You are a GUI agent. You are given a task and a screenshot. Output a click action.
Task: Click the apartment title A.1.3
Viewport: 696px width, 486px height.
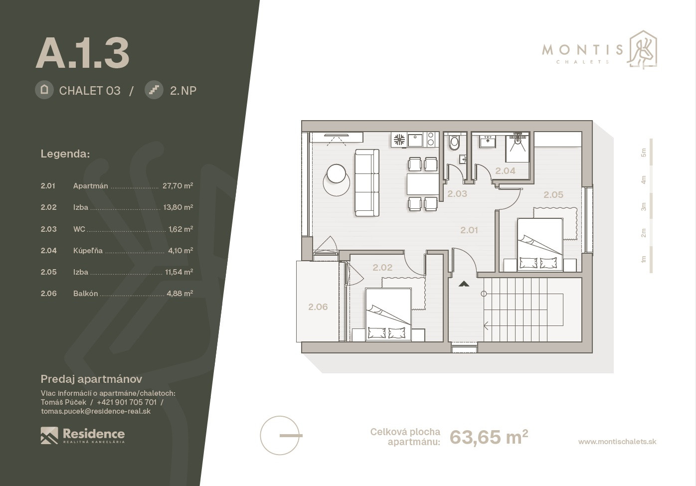click(x=82, y=53)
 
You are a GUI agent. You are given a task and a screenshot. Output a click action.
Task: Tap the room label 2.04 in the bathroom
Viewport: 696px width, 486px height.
click(x=505, y=170)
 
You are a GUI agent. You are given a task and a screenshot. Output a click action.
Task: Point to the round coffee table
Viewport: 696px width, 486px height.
click(x=336, y=173)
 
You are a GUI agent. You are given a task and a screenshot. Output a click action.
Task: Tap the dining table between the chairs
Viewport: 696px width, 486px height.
click(x=423, y=184)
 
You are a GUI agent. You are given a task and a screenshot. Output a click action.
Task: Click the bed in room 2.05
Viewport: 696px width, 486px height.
click(x=540, y=244)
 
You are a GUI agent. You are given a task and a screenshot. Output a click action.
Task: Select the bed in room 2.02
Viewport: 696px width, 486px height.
click(x=388, y=315)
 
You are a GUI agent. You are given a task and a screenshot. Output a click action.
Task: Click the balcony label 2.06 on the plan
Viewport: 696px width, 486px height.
click(x=318, y=307)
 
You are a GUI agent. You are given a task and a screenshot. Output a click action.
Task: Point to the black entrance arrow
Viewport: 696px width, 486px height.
click(x=464, y=284)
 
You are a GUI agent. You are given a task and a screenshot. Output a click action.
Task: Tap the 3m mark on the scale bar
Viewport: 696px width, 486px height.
click(x=644, y=206)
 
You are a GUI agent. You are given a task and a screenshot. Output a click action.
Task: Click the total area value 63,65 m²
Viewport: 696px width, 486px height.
click(x=489, y=437)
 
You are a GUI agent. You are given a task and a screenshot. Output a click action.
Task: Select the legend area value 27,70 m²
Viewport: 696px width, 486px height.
click(x=177, y=186)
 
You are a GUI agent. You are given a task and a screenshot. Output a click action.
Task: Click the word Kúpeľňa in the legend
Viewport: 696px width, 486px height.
click(x=88, y=250)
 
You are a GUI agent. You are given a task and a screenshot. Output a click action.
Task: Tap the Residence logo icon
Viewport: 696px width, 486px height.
click(x=49, y=435)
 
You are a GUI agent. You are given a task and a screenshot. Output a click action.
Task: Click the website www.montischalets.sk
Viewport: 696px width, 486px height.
click(x=617, y=442)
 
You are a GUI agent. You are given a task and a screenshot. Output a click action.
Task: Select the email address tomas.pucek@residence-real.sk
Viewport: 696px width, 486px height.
click(x=96, y=411)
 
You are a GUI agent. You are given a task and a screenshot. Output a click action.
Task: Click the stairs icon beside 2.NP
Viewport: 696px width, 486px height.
click(x=154, y=90)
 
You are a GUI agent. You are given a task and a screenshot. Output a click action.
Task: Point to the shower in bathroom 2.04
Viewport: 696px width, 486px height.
click(x=517, y=147)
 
